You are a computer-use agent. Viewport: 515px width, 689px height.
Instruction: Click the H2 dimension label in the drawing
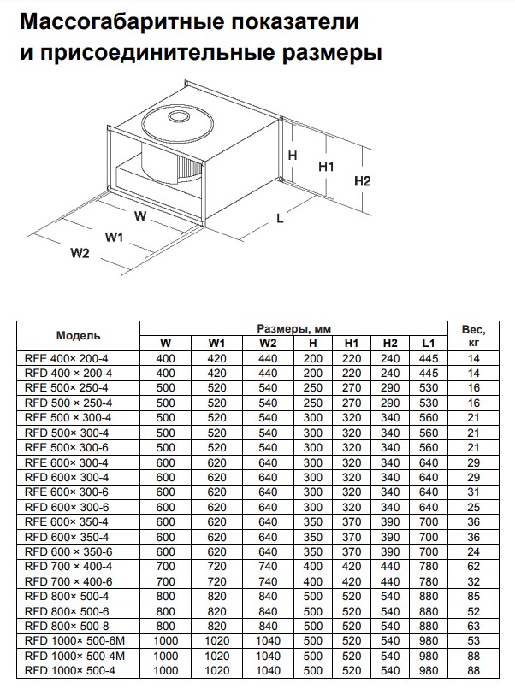click(x=362, y=181)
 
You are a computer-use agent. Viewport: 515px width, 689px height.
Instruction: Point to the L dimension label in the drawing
click(x=280, y=218)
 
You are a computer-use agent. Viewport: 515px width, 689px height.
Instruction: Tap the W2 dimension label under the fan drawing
click(x=80, y=253)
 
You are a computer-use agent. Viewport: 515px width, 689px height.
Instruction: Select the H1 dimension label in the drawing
click(x=326, y=167)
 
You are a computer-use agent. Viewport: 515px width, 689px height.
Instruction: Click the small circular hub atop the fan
click(x=180, y=115)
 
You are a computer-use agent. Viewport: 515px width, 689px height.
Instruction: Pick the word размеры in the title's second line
click(x=329, y=52)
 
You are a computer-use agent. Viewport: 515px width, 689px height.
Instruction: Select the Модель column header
click(x=79, y=336)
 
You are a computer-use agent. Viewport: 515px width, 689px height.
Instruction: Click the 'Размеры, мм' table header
click(x=293, y=329)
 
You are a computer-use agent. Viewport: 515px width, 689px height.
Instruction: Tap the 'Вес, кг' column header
click(x=473, y=336)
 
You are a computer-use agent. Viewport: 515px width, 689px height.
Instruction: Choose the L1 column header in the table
click(x=429, y=344)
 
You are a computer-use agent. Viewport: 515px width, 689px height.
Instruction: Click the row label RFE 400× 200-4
click(x=70, y=359)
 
